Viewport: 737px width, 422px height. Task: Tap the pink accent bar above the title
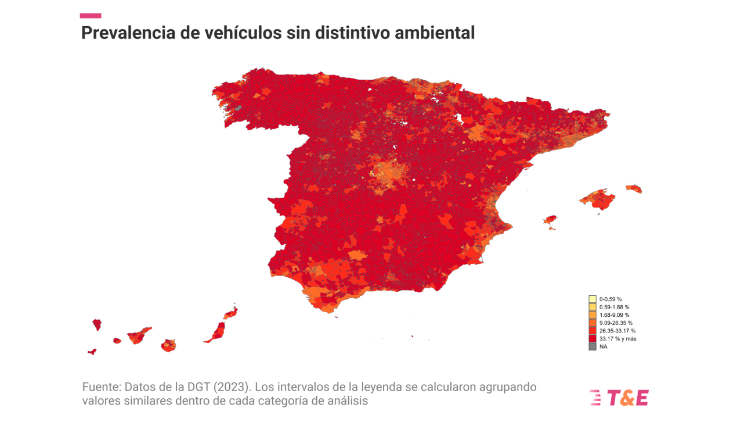pyautogui.click(x=91, y=16)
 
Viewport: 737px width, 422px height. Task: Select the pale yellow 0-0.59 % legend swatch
pyautogui.click(x=592, y=299)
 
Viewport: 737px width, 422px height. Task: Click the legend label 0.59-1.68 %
pyautogui.click(x=614, y=307)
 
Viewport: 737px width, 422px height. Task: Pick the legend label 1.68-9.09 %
pyautogui.click(x=614, y=314)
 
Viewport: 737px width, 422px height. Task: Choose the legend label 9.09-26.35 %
pyautogui.click(x=616, y=323)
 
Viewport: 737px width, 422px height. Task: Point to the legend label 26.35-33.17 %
pyautogui.click(x=617, y=331)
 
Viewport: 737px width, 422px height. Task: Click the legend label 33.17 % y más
pyautogui.click(x=617, y=338)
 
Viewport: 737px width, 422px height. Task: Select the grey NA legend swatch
pyautogui.click(x=592, y=346)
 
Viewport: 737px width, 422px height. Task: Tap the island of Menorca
pyautogui.click(x=634, y=188)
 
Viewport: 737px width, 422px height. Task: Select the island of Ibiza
pyautogui.click(x=550, y=220)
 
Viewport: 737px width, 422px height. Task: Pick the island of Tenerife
pyautogui.click(x=139, y=335)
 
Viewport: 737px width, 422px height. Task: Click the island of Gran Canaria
pyautogui.click(x=168, y=345)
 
